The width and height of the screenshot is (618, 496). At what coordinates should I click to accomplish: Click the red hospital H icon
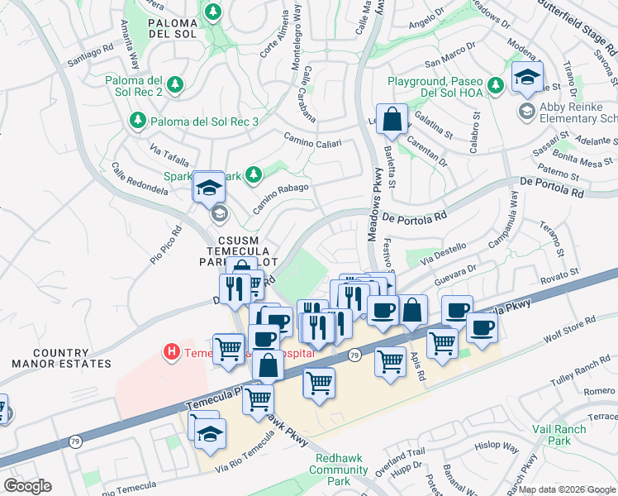pos(172,352)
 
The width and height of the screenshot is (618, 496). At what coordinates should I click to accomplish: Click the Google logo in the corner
pos(27,486)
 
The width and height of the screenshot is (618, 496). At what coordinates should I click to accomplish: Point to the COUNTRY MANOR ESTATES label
pos(61,357)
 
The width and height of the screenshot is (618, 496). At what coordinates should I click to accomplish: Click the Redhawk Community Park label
pos(339,469)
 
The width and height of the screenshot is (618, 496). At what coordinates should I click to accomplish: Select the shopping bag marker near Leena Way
pos(392,119)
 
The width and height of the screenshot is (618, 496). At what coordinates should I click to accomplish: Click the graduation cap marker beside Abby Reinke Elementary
pos(526,78)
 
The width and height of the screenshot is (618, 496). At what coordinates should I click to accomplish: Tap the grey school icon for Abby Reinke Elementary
pos(525,110)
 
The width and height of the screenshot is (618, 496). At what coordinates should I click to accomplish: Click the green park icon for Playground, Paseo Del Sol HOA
pos(494,84)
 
